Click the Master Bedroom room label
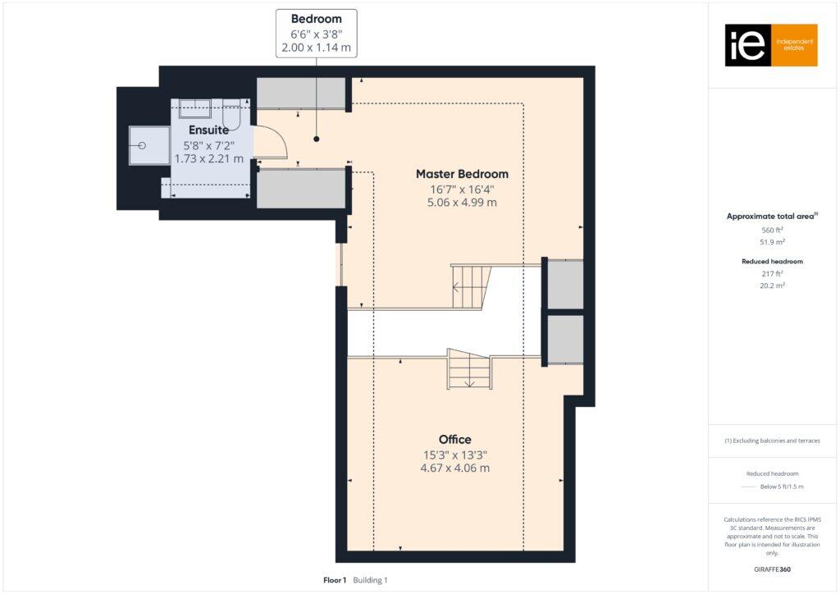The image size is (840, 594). pyautogui.click(x=462, y=174)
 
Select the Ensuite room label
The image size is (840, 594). pyautogui.click(x=208, y=130)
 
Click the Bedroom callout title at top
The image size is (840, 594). pyautogui.click(x=316, y=19)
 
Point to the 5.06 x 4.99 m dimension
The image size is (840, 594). pyautogui.click(x=462, y=203)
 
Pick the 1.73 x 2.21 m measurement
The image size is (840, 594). pyautogui.click(x=208, y=158)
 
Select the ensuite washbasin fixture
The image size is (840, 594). pyautogui.click(x=195, y=108)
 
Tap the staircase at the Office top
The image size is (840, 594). pyautogui.click(x=468, y=368)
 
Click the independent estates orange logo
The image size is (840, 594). pyautogui.click(x=771, y=45)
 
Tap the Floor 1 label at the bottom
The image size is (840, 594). pyautogui.click(x=335, y=580)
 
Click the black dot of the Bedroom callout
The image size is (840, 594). pyautogui.click(x=316, y=139)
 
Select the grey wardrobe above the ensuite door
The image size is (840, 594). pyautogui.click(x=301, y=94)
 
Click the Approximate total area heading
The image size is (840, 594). pyautogui.click(x=770, y=217)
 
